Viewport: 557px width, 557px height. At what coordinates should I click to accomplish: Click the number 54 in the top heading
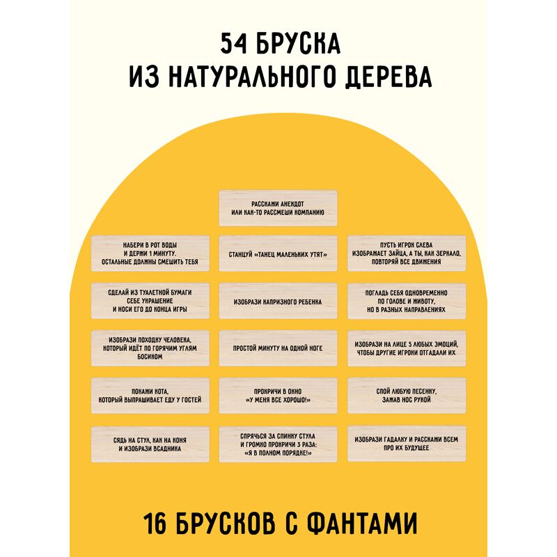pyautogui.click(x=233, y=44)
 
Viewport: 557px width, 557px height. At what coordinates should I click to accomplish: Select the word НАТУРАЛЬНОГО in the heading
pyautogui.click(x=251, y=77)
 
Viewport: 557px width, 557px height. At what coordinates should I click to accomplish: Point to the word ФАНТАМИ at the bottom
pyautogui.click(x=361, y=524)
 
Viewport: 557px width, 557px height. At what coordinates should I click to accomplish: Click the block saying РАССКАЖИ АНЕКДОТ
pyautogui.click(x=278, y=208)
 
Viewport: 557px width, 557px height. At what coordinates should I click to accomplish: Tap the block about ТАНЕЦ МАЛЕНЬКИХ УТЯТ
pyautogui.click(x=278, y=253)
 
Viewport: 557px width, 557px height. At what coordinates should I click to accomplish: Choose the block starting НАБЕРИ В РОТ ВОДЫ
pyautogui.click(x=150, y=253)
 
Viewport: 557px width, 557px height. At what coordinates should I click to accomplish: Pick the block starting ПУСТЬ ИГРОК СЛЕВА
pyautogui.click(x=407, y=253)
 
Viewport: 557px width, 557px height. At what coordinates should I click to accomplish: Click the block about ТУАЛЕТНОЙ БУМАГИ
pyautogui.click(x=150, y=301)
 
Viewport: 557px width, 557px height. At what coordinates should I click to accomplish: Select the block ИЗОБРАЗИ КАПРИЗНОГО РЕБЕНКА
pyautogui.click(x=278, y=301)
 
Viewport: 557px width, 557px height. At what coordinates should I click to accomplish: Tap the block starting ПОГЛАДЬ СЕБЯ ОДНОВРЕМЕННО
pyautogui.click(x=407, y=301)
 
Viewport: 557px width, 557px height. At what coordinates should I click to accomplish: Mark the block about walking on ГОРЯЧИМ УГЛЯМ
pyautogui.click(x=150, y=348)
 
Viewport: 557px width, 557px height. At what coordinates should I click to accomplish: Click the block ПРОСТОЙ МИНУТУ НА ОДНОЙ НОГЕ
pyautogui.click(x=278, y=348)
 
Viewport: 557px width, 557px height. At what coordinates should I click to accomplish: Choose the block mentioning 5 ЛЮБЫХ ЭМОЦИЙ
pyautogui.click(x=407, y=348)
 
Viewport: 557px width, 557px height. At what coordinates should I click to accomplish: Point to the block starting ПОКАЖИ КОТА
pyautogui.click(x=150, y=395)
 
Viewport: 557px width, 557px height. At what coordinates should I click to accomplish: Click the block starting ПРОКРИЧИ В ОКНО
pyautogui.click(x=278, y=395)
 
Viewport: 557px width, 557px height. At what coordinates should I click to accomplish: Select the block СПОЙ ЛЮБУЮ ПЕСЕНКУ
pyautogui.click(x=407, y=395)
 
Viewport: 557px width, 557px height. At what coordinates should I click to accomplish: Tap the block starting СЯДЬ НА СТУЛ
pyautogui.click(x=150, y=444)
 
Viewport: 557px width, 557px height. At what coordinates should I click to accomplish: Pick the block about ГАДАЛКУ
pyautogui.click(x=407, y=444)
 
